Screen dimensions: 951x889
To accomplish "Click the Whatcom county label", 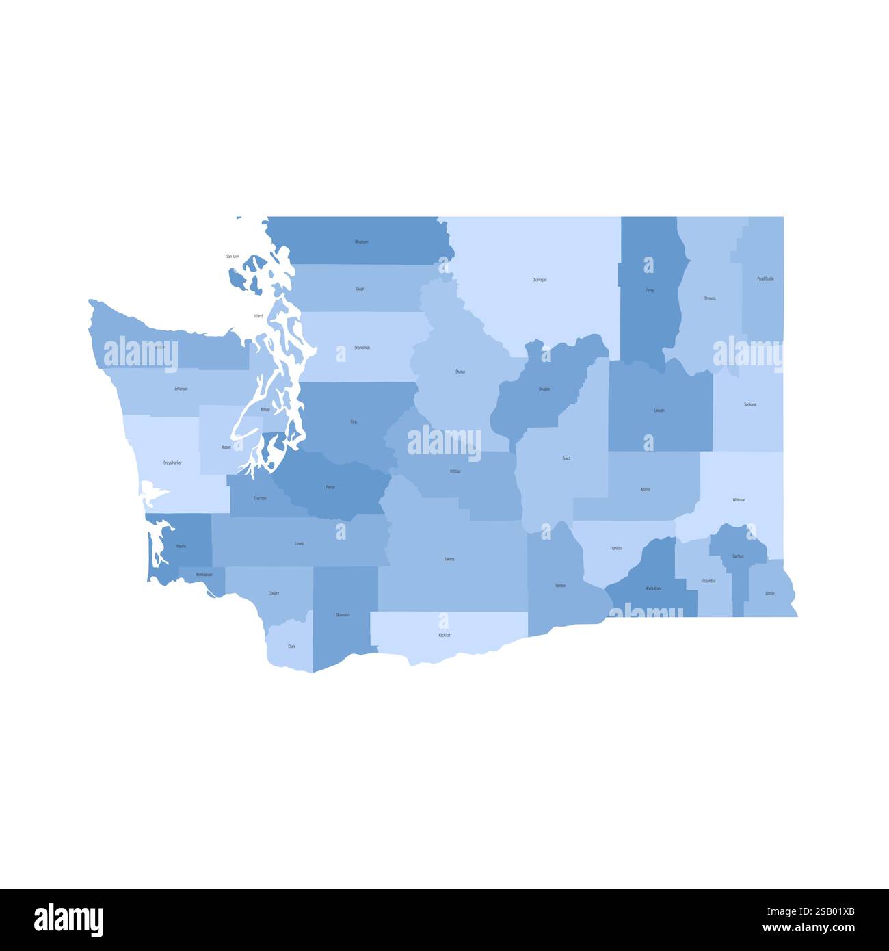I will [x=361, y=242].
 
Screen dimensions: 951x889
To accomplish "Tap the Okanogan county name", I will [x=540, y=280].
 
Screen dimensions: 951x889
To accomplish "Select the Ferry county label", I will [x=650, y=291].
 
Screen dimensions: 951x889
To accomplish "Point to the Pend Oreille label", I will [x=766, y=279].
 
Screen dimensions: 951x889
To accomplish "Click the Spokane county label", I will [x=750, y=405].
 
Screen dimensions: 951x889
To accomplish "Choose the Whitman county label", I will [x=739, y=500].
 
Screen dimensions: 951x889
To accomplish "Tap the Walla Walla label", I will [x=653, y=588].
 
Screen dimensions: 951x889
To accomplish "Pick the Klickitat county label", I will [x=444, y=636].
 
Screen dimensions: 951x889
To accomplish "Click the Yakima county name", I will [x=449, y=560].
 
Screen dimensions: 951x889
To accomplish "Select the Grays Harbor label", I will [x=172, y=463].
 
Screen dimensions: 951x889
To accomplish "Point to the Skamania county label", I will [x=343, y=615].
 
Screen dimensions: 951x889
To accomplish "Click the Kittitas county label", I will [x=455, y=471].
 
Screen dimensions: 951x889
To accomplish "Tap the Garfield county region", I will [x=738, y=556].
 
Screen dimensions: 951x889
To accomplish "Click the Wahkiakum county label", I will [x=204, y=575].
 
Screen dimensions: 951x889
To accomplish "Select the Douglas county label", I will [x=544, y=389].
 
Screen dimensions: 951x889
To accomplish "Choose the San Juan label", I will [x=233, y=257].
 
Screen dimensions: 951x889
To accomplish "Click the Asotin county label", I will [x=770, y=593].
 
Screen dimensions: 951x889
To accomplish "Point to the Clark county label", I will [x=292, y=647].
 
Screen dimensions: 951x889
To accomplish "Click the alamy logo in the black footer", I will [x=68, y=920].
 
